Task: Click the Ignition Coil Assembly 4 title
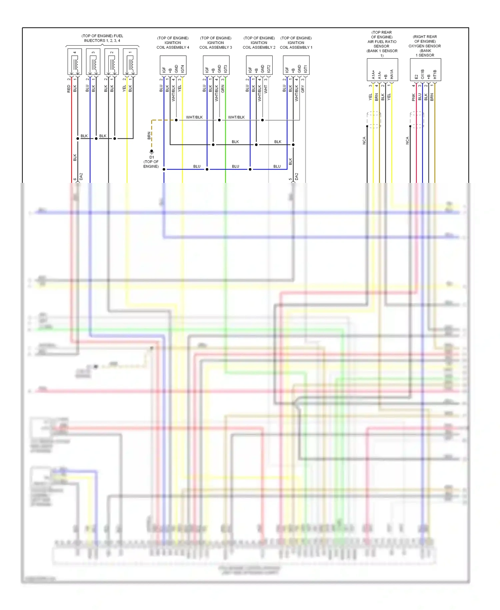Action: pos(173,43)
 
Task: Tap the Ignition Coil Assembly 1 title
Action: pos(296,43)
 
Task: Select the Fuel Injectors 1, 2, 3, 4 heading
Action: pos(102,38)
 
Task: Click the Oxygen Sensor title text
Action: pos(425,46)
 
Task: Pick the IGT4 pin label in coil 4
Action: pos(183,69)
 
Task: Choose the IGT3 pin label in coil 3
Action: pos(226,69)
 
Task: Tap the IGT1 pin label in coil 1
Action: pos(306,69)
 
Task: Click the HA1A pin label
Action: pos(392,74)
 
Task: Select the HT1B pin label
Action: pos(435,74)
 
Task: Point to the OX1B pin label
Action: pos(423,74)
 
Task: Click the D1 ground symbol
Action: pos(152,152)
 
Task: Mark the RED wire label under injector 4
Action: pos(69,89)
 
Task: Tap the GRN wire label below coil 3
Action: pos(223,89)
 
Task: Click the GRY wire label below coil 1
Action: pos(303,89)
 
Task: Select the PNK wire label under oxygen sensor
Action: pos(414,97)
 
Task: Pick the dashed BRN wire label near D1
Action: pos(149,135)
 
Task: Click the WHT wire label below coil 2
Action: pos(266,89)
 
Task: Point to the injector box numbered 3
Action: pos(93,62)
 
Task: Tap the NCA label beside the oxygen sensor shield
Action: pos(407,140)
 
